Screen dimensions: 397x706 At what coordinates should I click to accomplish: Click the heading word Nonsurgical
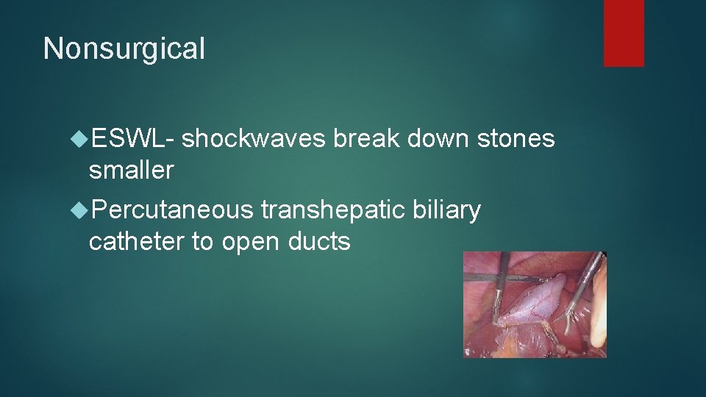pos(124,49)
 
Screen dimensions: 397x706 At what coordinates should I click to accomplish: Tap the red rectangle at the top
pos(624,33)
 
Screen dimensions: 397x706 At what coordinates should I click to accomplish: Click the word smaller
pos(131,171)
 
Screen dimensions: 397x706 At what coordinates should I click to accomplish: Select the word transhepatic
pos(332,210)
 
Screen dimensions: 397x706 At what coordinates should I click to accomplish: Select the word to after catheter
pos(202,241)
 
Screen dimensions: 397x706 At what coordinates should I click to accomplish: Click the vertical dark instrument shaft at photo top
pos(502,276)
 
